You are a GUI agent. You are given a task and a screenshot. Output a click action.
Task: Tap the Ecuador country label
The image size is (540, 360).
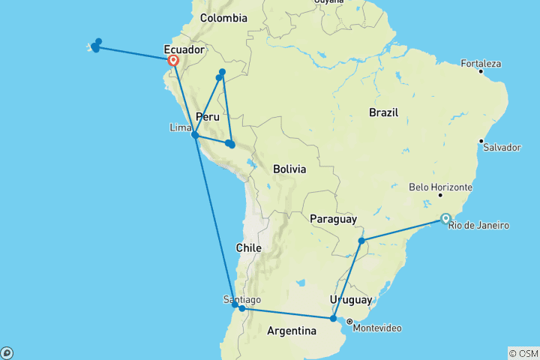pos(184,50)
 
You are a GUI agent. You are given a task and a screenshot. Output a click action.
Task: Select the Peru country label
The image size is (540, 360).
pos(208,117)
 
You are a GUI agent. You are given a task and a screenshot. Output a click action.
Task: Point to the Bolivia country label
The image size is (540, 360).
pos(289,169)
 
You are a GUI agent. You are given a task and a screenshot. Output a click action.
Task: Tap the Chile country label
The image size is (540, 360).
pos(248,247)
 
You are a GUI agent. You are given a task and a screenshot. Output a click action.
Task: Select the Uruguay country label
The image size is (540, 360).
pos(350,300)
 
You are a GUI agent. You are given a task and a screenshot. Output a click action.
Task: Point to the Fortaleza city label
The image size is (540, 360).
pos(481,64)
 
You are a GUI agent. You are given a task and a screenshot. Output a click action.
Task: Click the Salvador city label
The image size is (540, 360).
pos(502,147)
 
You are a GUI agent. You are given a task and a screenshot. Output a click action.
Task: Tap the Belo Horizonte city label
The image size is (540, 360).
pos(440,187)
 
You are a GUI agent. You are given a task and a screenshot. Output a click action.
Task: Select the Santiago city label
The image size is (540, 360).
pos(241,299)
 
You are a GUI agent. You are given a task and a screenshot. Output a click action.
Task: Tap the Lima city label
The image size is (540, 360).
pos(181,127)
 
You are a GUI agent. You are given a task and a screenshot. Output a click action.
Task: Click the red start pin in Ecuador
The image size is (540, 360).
pos(173,61)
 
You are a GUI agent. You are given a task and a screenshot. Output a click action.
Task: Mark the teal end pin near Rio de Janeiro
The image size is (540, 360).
pos(446,219)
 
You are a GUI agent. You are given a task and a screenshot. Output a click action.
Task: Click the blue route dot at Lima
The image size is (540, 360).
pos(195,135)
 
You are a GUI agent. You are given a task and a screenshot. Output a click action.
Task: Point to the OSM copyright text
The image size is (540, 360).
pos(523,353)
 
